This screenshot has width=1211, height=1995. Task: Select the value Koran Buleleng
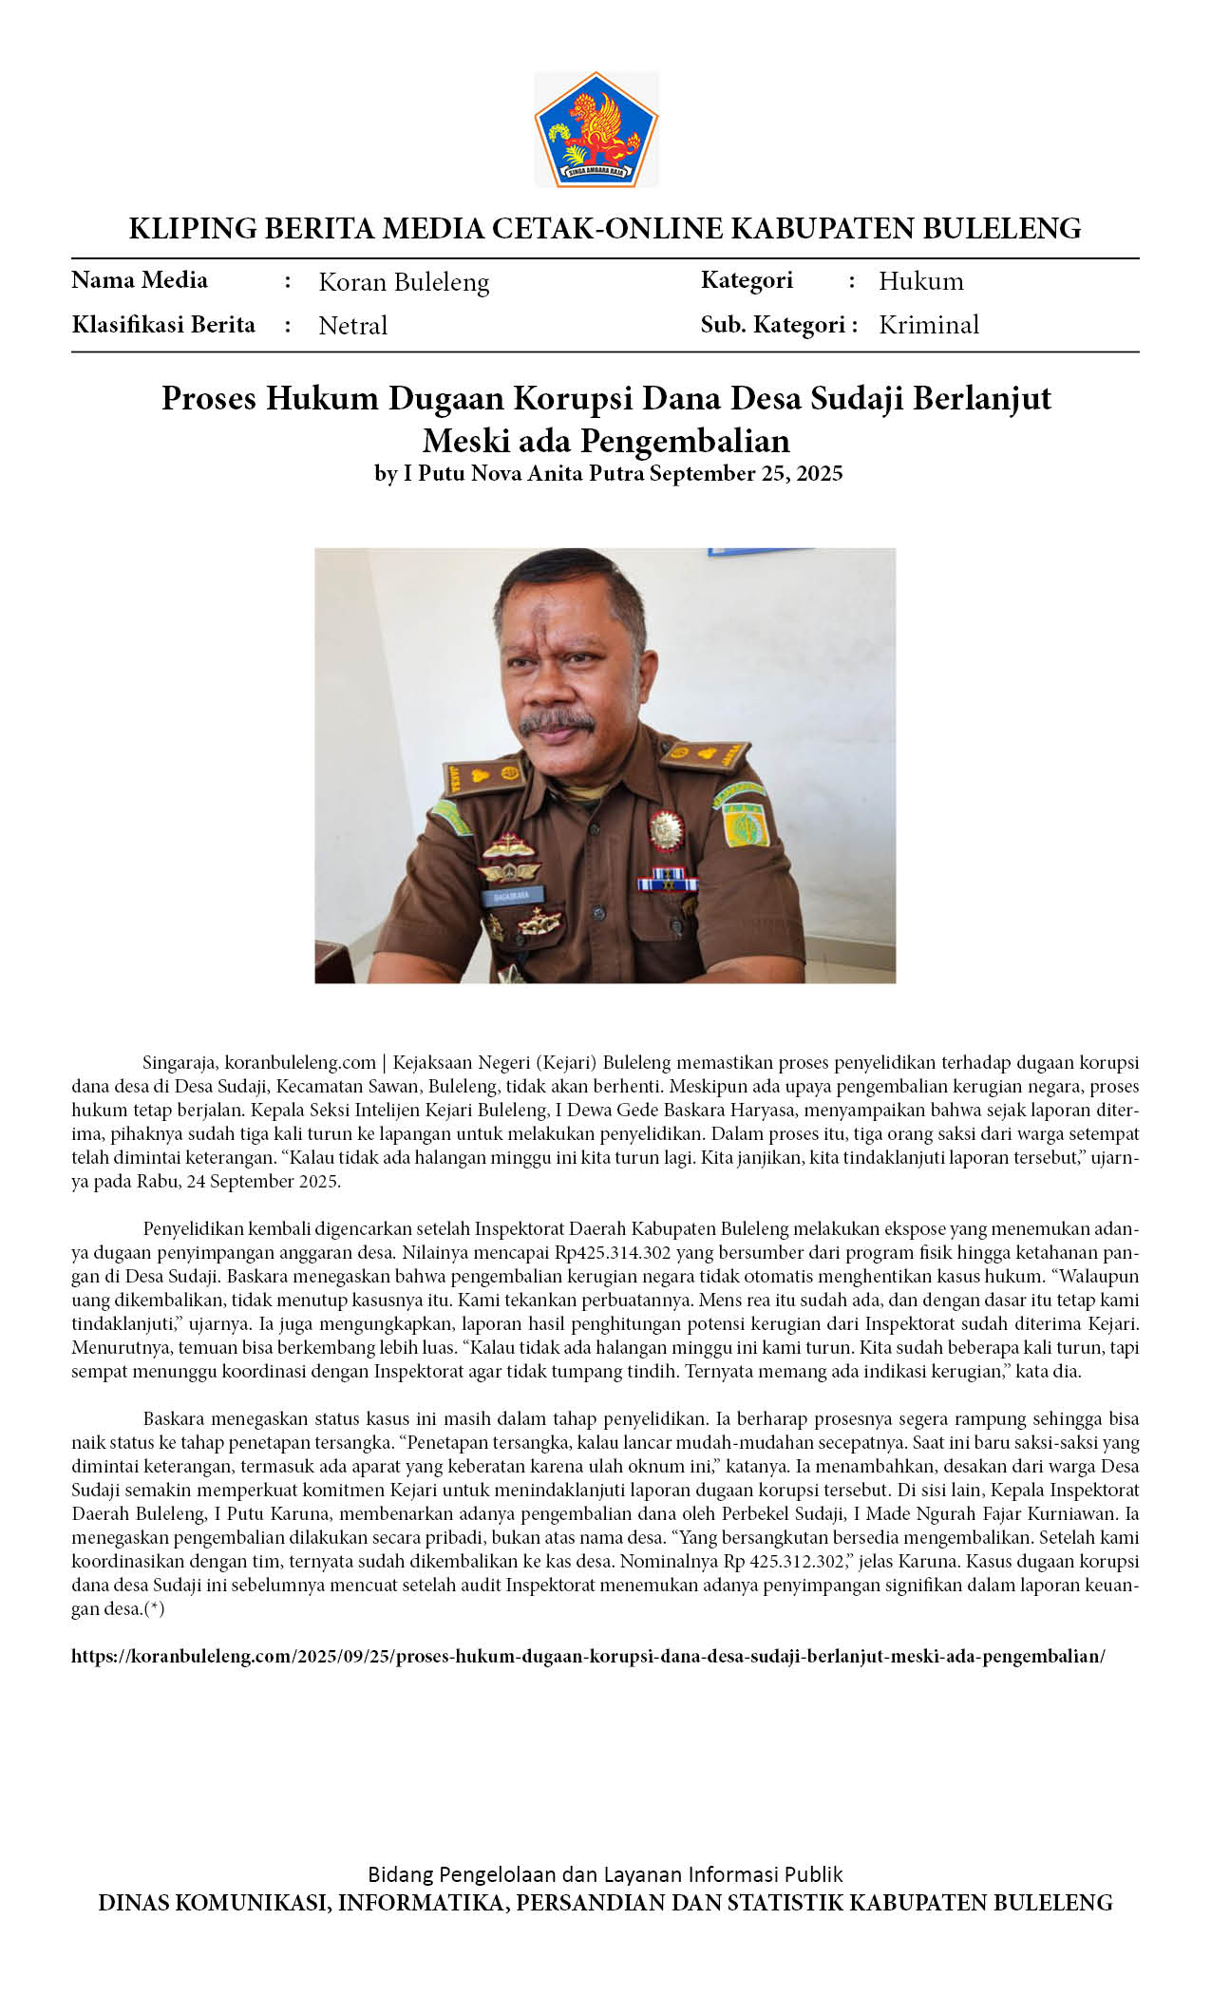(404, 282)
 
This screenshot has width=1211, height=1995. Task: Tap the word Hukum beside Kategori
(920, 281)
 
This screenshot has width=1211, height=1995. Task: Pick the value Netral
(352, 326)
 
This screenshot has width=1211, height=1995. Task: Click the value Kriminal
(928, 325)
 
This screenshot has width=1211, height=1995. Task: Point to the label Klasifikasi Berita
(163, 325)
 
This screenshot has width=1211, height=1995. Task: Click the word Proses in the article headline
(209, 398)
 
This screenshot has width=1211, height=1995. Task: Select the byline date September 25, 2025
(746, 473)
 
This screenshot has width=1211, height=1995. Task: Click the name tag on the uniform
(512, 895)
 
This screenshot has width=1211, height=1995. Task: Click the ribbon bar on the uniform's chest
(667, 883)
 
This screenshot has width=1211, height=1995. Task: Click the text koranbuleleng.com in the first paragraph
(300, 1062)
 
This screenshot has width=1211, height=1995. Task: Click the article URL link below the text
(588, 1656)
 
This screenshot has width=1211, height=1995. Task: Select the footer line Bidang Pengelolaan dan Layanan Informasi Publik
(605, 1874)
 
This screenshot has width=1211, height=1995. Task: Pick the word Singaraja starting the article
(180, 1062)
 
